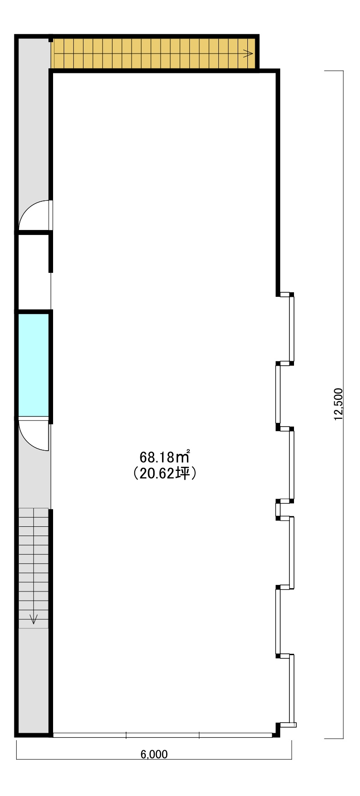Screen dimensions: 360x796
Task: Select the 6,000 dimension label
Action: point(154,754)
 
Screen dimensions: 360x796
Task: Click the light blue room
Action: point(33,365)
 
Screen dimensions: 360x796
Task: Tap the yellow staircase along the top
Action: point(154,53)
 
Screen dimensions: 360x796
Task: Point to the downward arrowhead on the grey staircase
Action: point(33,619)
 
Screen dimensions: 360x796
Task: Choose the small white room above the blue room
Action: point(33,272)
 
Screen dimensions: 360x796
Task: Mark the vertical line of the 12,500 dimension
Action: point(343,404)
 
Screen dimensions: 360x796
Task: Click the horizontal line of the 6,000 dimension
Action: point(154,759)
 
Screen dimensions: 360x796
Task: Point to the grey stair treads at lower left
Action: point(33,568)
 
